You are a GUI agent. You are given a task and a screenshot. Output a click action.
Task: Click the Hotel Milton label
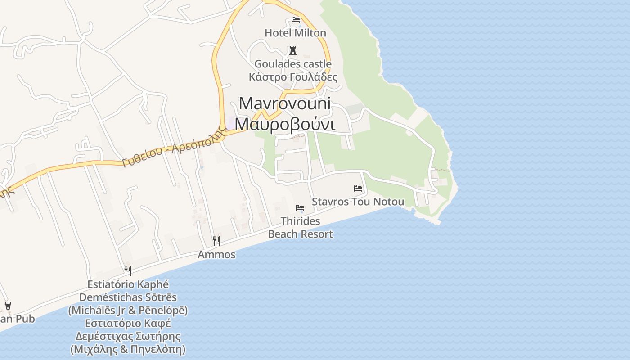[x=295, y=33]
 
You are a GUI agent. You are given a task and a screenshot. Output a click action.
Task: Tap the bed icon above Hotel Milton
[x=296, y=20]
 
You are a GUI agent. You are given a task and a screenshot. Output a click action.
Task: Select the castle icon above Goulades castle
[x=293, y=50]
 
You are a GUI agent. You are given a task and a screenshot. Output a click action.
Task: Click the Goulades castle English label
[x=293, y=64]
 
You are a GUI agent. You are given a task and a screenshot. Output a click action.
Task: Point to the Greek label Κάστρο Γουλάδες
[x=293, y=76]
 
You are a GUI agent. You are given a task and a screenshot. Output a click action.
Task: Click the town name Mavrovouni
[x=285, y=103]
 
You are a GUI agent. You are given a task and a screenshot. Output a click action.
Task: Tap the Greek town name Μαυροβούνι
[x=285, y=124]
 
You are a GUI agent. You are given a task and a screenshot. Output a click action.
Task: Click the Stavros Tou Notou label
[x=358, y=202]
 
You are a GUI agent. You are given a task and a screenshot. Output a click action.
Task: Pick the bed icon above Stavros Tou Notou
[x=358, y=189]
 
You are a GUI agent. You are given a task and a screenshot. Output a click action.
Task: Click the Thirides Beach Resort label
[x=300, y=227]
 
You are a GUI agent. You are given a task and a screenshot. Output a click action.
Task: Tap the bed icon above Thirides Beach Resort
[x=300, y=208]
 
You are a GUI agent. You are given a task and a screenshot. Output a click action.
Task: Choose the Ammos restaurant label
[x=216, y=254]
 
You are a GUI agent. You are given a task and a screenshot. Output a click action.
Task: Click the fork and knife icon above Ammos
[x=216, y=241]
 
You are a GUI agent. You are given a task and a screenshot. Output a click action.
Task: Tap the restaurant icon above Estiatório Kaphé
[x=128, y=270]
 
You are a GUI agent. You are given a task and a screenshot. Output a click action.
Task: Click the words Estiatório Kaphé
[x=128, y=284]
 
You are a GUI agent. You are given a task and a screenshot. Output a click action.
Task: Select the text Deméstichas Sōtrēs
[x=128, y=297]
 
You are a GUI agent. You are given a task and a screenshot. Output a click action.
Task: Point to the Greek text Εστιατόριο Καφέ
[x=128, y=323]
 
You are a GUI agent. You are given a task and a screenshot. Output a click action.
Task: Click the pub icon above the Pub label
[x=8, y=306]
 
